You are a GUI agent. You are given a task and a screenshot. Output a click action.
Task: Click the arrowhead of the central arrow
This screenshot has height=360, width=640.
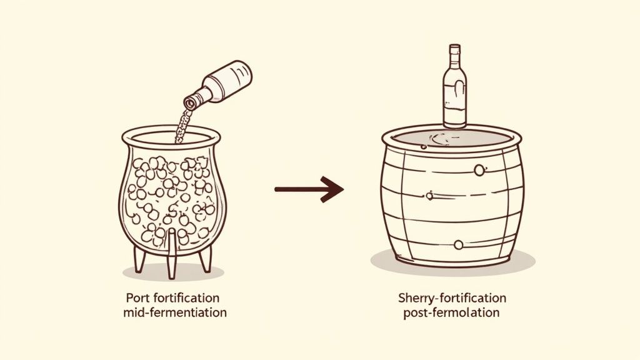(332, 189)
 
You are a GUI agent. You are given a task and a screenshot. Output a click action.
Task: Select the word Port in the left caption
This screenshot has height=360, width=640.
(136, 298)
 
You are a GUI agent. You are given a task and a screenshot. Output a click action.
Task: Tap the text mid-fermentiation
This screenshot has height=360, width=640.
(175, 313)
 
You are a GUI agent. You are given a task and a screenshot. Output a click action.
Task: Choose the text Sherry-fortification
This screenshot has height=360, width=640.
(452, 298)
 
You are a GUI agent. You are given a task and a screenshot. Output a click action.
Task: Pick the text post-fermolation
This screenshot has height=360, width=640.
(451, 313)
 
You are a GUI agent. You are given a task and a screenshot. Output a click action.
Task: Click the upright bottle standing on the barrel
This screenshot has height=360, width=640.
(454, 86)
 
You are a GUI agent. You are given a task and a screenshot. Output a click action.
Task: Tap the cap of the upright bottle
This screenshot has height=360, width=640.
(455, 49)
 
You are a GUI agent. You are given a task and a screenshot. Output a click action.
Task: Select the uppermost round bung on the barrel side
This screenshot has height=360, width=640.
(479, 170)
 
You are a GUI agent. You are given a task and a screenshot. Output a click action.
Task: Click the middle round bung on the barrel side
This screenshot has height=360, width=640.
(429, 196)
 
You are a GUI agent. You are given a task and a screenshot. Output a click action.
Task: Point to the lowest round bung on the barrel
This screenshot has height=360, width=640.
(458, 245)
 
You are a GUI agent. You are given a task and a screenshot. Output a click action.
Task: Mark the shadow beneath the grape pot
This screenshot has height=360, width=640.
(173, 272)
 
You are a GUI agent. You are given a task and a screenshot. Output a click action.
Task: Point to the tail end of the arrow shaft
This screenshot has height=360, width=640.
(276, 189)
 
